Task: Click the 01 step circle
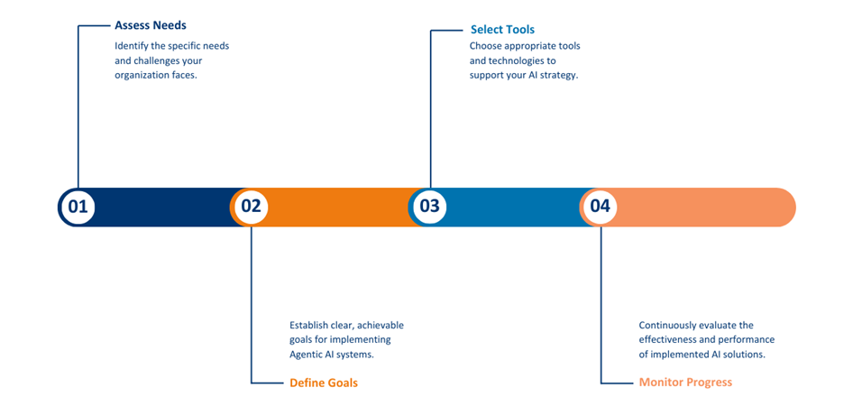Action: [78, 207]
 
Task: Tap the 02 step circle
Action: [252, 207]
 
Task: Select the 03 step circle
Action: [429, 207]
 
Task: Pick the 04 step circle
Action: [600, 207]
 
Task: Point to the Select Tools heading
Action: [502, 30]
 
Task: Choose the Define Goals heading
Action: [324, 383]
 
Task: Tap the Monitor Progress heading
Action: [685, 382]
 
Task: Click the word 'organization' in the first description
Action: [139, 76]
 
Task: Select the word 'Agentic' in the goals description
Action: [305, 355]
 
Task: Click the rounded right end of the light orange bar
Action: [795, 208]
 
